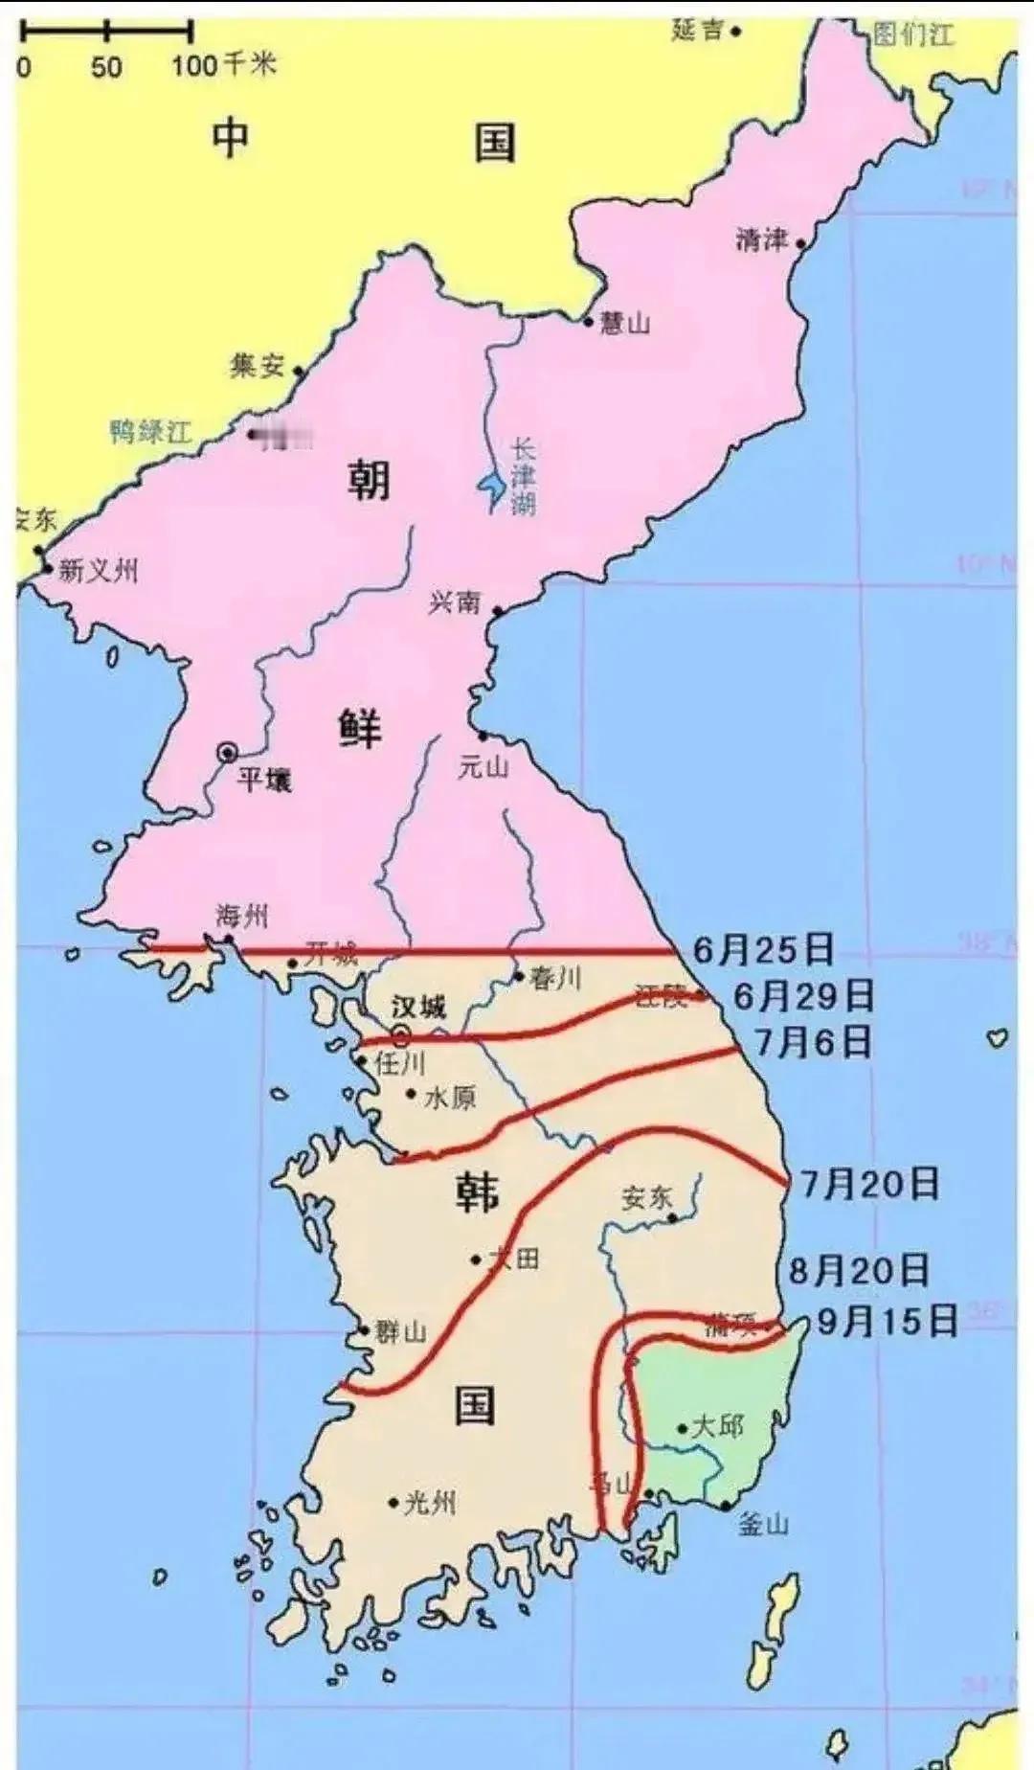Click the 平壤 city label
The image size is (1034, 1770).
263,779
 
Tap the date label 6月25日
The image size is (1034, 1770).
763,949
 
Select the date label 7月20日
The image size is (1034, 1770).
869,1185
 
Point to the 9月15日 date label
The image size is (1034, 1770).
888,1322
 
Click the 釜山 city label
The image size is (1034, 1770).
763,1524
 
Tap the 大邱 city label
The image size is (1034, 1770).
717,1426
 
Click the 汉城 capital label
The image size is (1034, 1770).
418,1008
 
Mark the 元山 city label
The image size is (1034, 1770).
483,767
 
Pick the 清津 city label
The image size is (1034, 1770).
761,239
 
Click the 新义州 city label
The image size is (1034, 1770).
99,571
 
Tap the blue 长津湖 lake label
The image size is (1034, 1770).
523,476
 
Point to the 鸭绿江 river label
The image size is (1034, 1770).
150,431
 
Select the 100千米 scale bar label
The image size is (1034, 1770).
223,65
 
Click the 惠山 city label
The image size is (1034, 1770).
625,323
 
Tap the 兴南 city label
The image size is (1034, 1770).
454,601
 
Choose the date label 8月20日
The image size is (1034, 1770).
859,1271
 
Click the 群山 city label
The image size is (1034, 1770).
400,1331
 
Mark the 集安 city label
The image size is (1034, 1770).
257,365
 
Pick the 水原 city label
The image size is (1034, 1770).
449,1097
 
